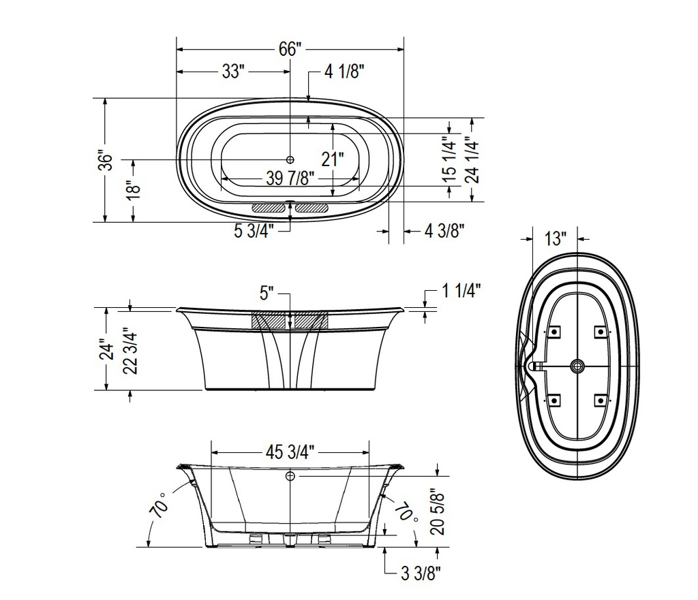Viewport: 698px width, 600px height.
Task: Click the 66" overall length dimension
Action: pos(290,49)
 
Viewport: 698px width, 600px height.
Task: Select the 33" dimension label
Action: pos(233,71)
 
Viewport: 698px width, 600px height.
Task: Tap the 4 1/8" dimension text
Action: pos(344,71)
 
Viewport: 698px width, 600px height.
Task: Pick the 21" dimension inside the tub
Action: pos(333,159)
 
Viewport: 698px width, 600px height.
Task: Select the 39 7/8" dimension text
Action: pos(290,178)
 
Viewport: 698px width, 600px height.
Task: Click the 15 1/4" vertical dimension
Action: pos(450,159)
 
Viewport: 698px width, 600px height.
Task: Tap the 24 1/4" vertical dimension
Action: pos(472,159)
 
